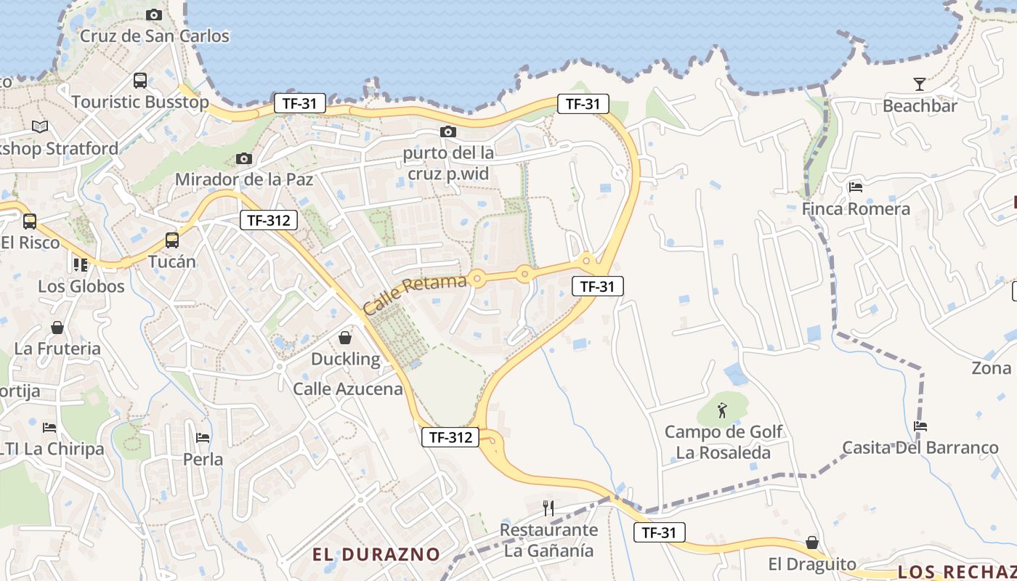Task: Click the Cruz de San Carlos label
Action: (154, 36)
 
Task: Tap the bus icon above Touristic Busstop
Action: (140, 81)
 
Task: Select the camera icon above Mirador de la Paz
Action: (244, 158)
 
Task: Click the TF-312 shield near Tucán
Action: (269, 220)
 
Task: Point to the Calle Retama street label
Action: (414, 294)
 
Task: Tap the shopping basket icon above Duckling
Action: (345, 338)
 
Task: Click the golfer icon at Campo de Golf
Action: (721, 410)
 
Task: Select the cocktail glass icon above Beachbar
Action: (920, 84)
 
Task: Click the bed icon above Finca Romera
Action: (856, 187)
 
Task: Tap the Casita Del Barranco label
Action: (920, 447)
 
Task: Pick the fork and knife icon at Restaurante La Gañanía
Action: (549, 508)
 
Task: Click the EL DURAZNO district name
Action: (376, 554)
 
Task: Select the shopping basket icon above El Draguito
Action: (812, 543)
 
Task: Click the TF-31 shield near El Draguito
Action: (659, 532)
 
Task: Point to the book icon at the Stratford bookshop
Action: (40, 127)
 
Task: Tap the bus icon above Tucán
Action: (172, 240)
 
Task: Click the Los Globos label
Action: (81, 286)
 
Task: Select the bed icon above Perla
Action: (203, 438)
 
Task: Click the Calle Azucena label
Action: (347, 389)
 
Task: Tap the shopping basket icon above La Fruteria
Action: (57, 328)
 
